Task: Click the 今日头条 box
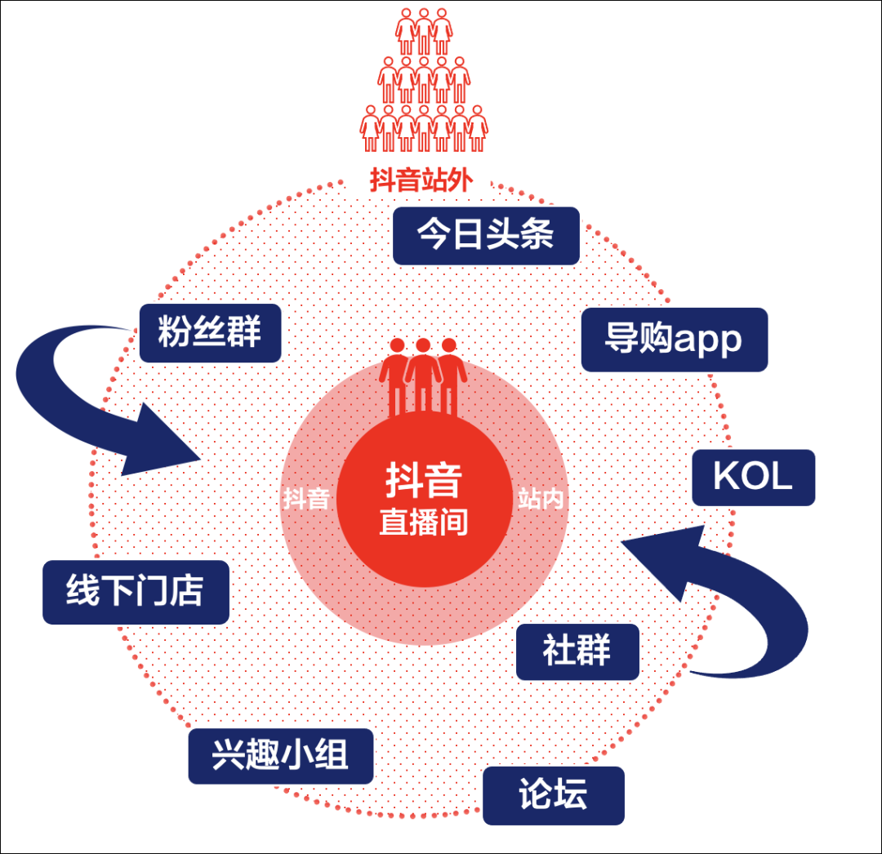[486, 235]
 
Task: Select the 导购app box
[674, 339]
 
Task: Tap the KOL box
[753, 478]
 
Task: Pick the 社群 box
[577, 652]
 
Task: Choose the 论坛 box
[553, 794]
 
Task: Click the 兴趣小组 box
[280, 756]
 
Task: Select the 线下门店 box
[136, 592]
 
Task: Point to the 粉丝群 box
[210, 333]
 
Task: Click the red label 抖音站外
[420, 181]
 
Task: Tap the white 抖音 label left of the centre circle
[306, 499]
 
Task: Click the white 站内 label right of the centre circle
[541, 499]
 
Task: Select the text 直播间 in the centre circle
[424, 522]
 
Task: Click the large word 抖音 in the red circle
[424, 482]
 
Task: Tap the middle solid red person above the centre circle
[423, 371]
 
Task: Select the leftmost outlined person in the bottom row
[372, 128]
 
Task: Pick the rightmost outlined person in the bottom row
[476, 128]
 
